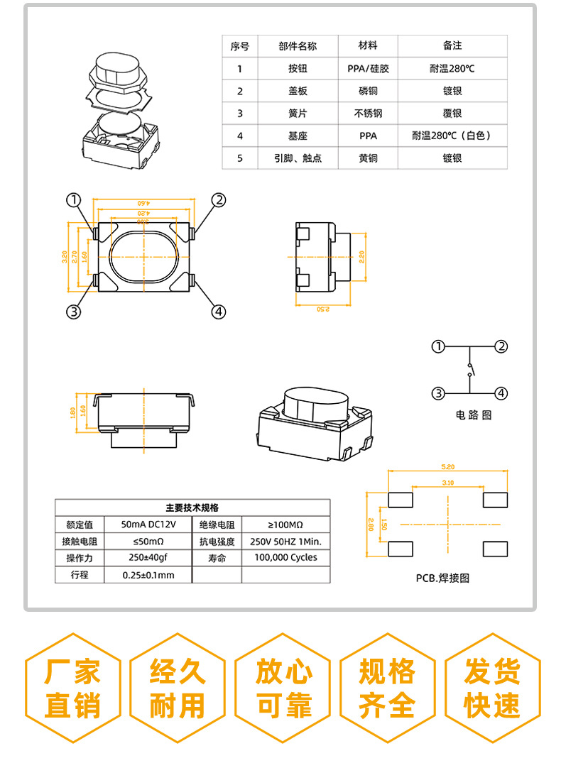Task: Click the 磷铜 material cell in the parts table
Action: [x=368, y=91]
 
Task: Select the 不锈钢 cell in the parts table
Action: [x=368, y=113]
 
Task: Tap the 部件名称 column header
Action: [x=297, y=46]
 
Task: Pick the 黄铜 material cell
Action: [x=368, y=158]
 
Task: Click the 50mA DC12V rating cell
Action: [x=148, y=525]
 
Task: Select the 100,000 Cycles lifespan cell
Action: [x=285, y=558]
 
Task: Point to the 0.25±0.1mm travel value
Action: [x=148, y=575]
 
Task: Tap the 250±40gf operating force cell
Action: [x=148, y=558]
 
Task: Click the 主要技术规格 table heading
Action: [x=192, y=507]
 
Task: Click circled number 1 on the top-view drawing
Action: [x=75, y=200]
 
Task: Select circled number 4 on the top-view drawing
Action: [x=219, y=311]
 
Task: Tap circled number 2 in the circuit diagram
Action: [x=501, y=346]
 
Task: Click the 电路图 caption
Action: [x=473, y=415]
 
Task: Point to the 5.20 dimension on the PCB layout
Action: [x=447, y=467]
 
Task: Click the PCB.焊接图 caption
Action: [x=442, y=578]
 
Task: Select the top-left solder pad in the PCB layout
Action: [x=401, y=500]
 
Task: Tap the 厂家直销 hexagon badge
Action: [x=72, y=688]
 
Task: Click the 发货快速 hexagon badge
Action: [x=491, y=688]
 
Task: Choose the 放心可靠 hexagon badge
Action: [x=283, y=688]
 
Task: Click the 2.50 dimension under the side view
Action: [x=323, y=309]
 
